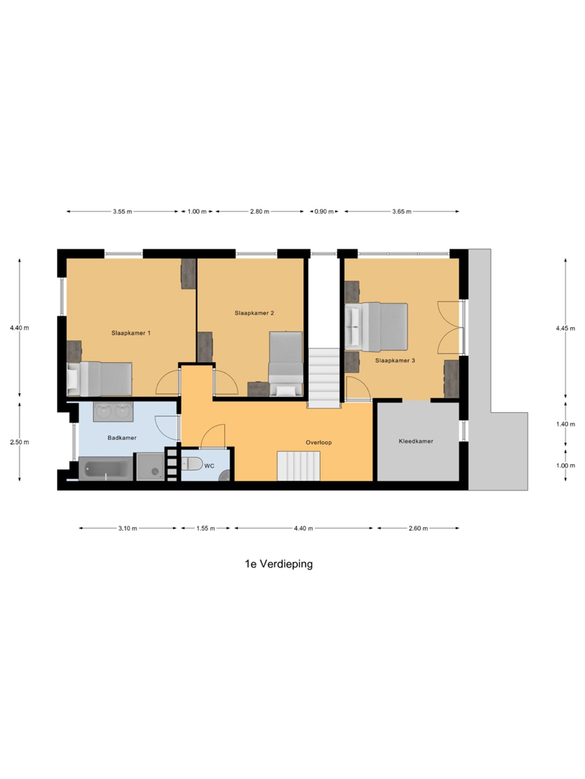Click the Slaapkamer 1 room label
click(x=131, y=333)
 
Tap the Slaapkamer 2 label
click(x=254, y=313)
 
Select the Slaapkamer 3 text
click(x=395, y=361)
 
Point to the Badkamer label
click(x=122, y=438)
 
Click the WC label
click(x=209, y=466)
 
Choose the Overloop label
click(x=319, y=443)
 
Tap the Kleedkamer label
click(x=416, y=441)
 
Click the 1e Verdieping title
click(x=279, y=564)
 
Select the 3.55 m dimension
click(x=122, y=211)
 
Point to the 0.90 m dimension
click(x=324, y=211)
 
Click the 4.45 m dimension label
click(x=565, y=328)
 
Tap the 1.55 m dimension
click(x=206, y=528)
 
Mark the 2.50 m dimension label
click(x=19, y=442)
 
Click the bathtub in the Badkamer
click(x=105, y=469)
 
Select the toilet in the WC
click(x=192, y=464)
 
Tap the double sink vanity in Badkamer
click(x=113, y=412)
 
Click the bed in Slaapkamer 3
click(x=376, y=327)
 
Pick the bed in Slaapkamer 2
click(x=286, y=364)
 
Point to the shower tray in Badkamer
click(x=151, y=467)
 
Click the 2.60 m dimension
click(x=418, y=528)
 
